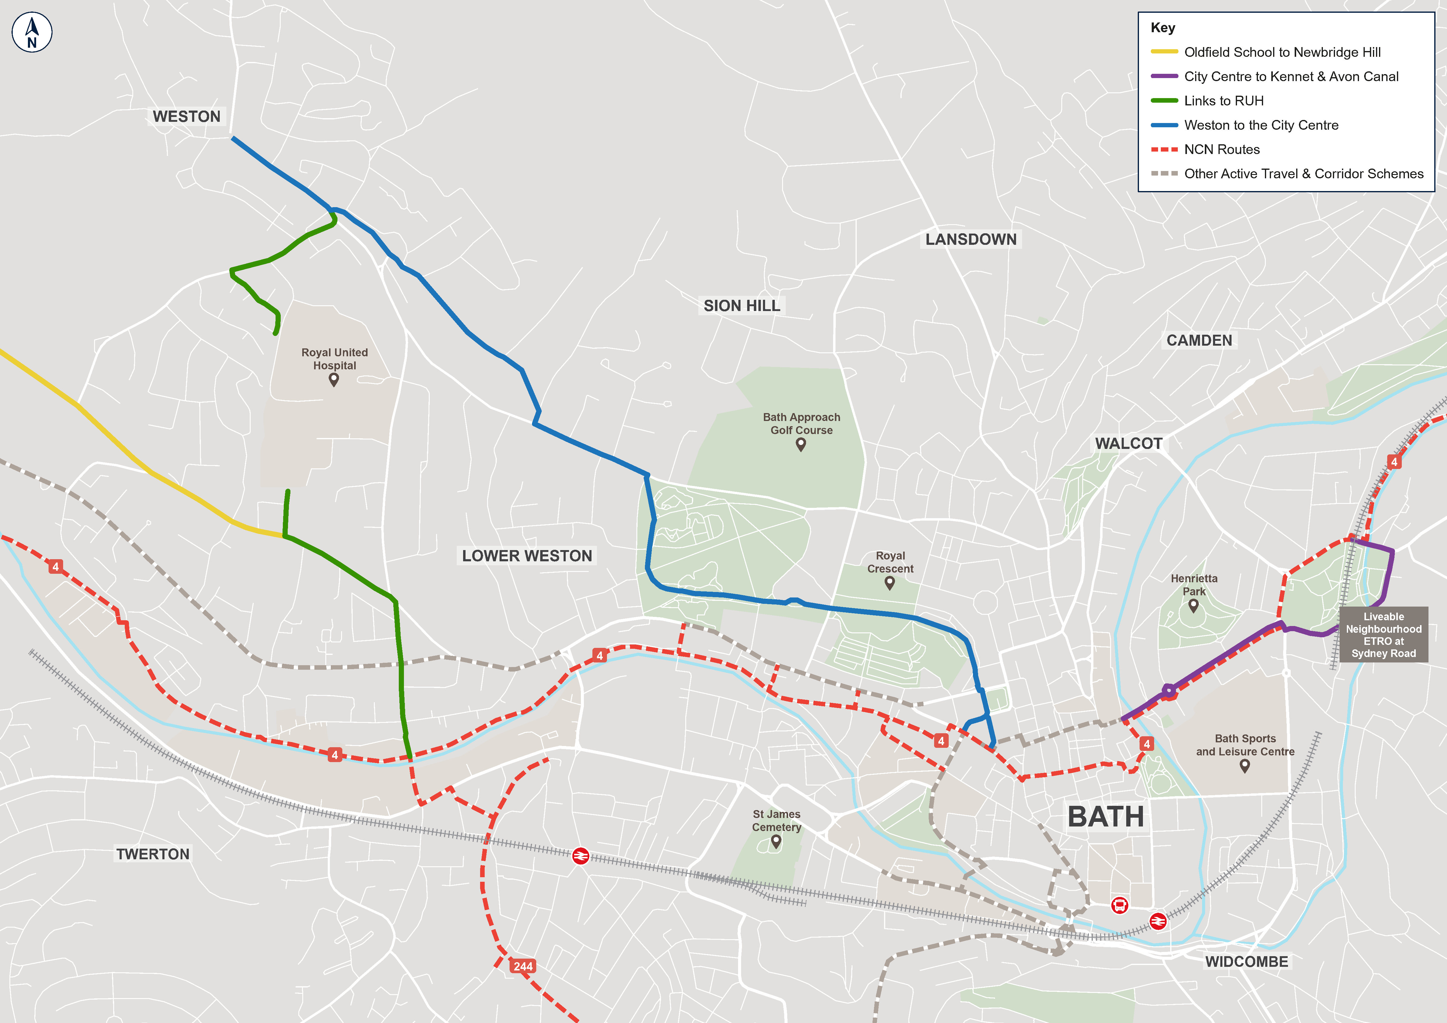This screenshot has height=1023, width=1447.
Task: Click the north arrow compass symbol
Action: [x=32, y=32]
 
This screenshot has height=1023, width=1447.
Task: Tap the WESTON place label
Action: [x=187, y=117]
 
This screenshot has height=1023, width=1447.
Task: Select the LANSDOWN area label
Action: [x=971, y=240]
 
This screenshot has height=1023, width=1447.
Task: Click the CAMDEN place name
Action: [x=1199, y=340]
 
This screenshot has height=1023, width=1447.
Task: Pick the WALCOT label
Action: [x=1128, y=443]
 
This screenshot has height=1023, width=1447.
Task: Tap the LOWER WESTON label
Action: [x=527, y=556]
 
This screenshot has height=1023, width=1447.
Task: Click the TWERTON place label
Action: [x=153, y=854]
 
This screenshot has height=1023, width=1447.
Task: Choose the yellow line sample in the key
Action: [x=1164, y=52]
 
